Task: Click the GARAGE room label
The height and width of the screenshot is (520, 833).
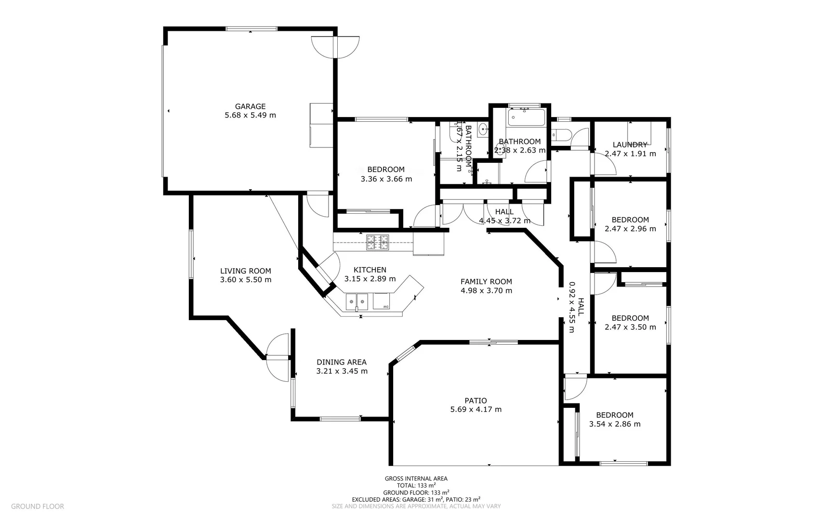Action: pyautogui.click(x=250, y=106)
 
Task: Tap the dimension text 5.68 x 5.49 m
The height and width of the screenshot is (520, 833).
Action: pyautogui.click(x=250, y=115)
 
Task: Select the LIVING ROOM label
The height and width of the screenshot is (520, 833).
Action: pyautogui.click(x=245, y=271)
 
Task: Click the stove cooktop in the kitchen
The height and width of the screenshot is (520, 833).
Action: pyautogui.click(x=377, y=242)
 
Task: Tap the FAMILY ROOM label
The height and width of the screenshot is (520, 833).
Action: pyautogui.click(x=486, y=282)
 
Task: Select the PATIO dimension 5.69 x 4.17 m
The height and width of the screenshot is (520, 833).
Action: pyautogui.click(x=476, y=409)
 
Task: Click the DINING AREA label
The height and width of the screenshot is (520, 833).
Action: pyautogui.click(x=341, y=362)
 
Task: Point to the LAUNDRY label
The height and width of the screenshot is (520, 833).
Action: pyautogui.click(x=630, y=144)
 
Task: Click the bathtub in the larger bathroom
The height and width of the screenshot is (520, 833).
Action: pyautogui.click(x=526, y=117)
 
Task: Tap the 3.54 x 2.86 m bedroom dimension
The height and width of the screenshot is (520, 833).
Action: pyautogui.click(x=614, y=424)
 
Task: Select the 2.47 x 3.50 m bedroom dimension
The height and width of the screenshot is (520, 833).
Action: pyautogui.click(x=630, y=327)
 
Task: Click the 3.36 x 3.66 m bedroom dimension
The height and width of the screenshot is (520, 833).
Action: pyautogui.click(x=386, y=179)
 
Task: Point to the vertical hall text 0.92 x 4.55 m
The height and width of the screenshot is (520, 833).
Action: pyautogui.click(x=572, y=307)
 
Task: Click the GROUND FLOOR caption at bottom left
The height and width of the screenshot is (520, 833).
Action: pyautogui.click(x=37, y=506)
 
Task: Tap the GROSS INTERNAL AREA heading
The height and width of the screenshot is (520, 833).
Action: pyautogui.click(x=416, y=479)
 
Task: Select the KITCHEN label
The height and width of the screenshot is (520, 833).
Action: pyautogui.click(x=370, y=270)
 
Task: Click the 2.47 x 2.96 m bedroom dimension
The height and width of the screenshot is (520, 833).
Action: pyautogui.click(x=630, y=229)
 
